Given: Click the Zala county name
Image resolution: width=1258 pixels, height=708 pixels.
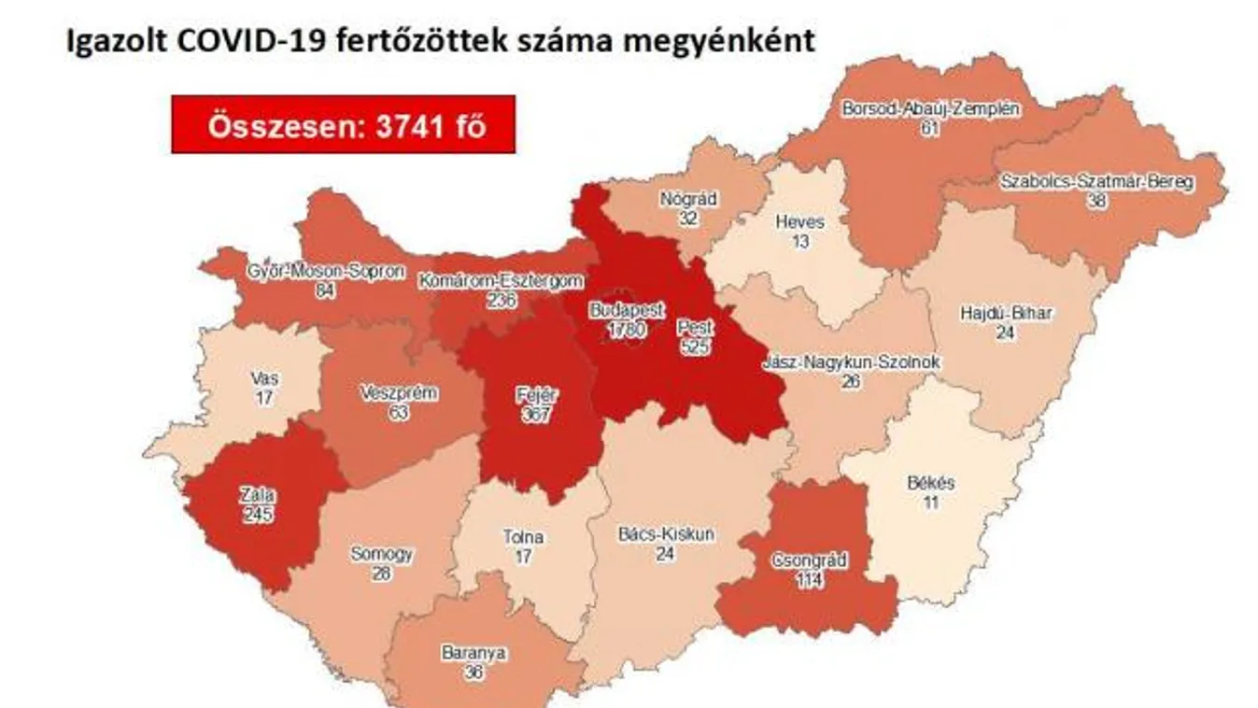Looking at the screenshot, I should pos(254,496).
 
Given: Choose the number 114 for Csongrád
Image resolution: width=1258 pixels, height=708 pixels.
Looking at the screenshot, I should pos(809,579).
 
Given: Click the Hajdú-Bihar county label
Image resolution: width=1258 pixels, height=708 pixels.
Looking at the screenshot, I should pos(1005,314).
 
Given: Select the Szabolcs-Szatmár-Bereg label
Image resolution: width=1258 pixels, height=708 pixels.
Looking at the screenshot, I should pos(1095,182).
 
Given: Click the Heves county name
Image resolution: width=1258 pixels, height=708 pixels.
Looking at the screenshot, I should pos(800,223).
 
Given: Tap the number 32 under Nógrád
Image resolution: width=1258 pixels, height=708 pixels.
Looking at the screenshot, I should pos(688,217).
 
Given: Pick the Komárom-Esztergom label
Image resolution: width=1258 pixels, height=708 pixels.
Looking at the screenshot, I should pos(502,280).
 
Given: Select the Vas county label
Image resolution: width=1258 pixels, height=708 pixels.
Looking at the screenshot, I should pos(264,379).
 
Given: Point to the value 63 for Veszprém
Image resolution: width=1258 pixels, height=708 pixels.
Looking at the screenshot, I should pos(399,412).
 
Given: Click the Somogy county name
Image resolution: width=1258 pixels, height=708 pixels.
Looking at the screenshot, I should pos(381,554).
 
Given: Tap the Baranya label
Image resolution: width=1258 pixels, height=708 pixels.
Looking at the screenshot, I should pos(474,653).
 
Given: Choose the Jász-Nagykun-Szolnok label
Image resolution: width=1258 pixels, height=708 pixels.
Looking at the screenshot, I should pos(850,361).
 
